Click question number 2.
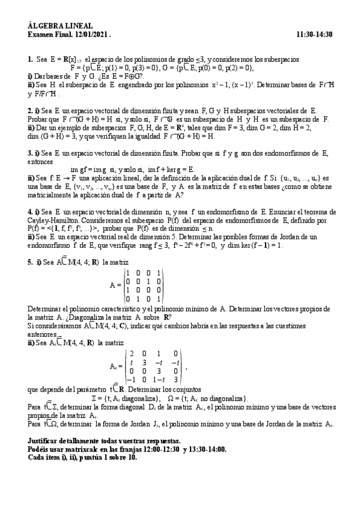(30, 111)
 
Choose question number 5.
(30, 262)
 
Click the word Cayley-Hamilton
(49, 219)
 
